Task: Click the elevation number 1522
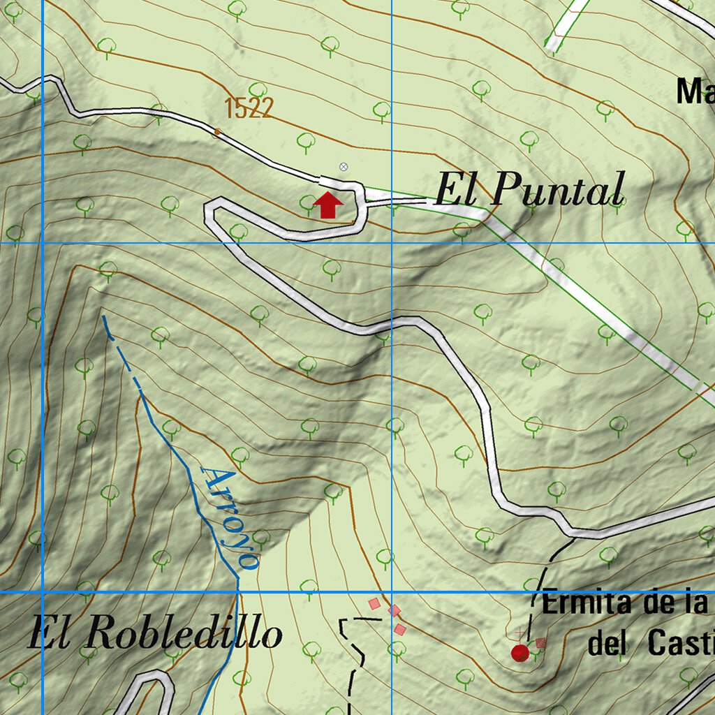(x=249, y=108)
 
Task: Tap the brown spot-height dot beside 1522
(x=216, y=131)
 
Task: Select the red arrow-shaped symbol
(x=327, y=205)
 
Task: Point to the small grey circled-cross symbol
(x=343, y=167)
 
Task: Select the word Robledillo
(x=186, y=634)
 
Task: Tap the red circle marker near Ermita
(x=519, y=653)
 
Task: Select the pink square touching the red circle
(x=540, y=643)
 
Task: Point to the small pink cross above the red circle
(x=519, y=633)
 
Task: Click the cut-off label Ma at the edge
(x=695, y=91)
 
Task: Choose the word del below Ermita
(x=610, y=642)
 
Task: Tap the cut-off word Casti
(x=680, y=642)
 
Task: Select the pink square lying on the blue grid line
(x=395, y=611)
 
